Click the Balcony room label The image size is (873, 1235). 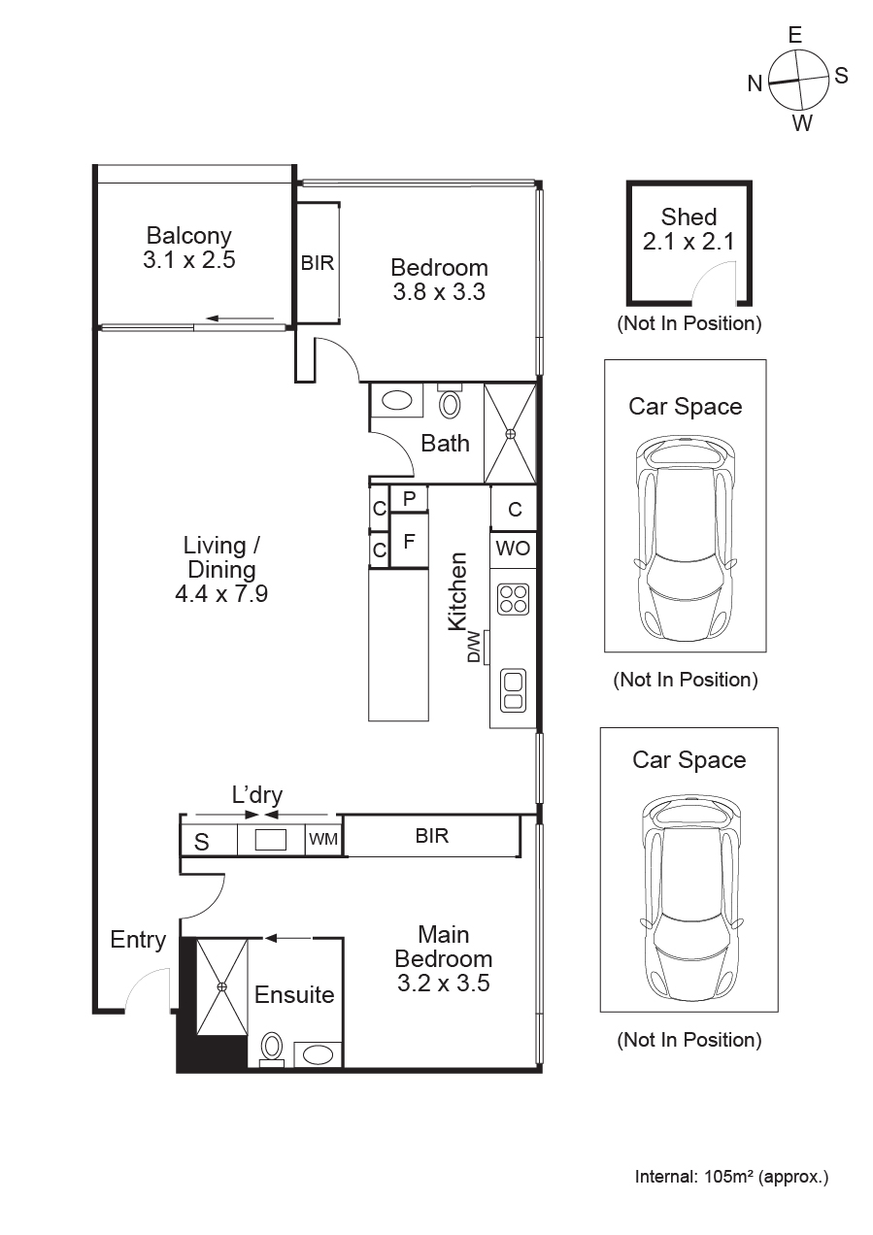(x=188, y=236)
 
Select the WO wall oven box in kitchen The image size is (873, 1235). (x=514, y=549)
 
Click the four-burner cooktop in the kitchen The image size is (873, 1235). (x=514, y=598)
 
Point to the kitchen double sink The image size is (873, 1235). (x=514, y=688)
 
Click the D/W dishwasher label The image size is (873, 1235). (x=474, y=646)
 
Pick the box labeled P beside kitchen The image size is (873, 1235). (x=409, y=499)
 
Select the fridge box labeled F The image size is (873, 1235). (x=409, y=542)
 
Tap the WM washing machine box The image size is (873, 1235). (x=323, y=839)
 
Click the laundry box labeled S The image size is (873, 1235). (x=202, y=841)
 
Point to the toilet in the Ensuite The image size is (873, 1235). (x=272, y=1048)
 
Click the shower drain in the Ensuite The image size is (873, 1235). (x=221, y=986)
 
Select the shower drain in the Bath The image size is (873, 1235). (x=510, y=433)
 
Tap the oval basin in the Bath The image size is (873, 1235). (x=396, y=400)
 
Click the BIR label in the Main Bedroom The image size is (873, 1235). (x=432, y=836)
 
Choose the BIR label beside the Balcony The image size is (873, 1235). (x=318, y=263)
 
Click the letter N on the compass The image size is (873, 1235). (x=755, y=84)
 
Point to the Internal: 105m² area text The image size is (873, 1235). (x=731, y=1178)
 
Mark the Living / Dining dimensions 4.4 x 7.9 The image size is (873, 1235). (x=221, y=593)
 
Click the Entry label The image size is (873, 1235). (x=138, y=940)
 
